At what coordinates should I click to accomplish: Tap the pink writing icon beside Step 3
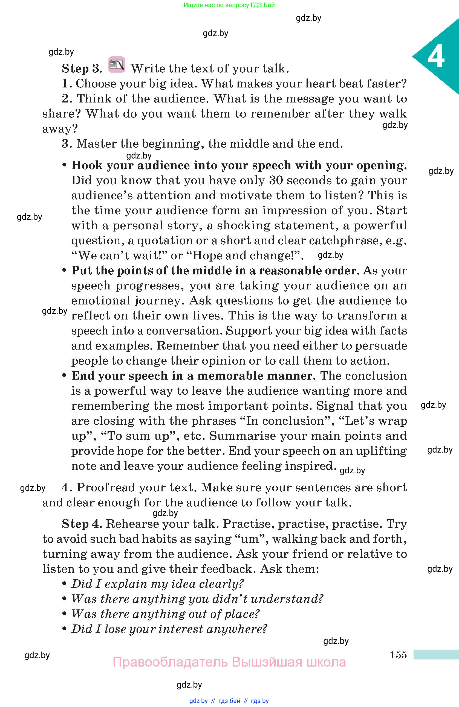click(116, 64)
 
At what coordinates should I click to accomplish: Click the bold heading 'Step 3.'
click(82, 69)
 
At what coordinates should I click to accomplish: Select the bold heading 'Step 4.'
click(82, 524)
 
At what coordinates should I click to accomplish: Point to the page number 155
click(398, 655)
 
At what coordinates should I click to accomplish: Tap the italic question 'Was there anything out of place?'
click(165, 614)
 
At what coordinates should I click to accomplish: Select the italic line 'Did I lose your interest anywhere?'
click(169, 629)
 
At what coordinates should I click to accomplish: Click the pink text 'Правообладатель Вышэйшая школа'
click(229, 662)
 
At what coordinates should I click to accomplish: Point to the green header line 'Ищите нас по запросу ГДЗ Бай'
click(229, 5)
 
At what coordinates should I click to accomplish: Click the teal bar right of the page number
click(436, 655)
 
